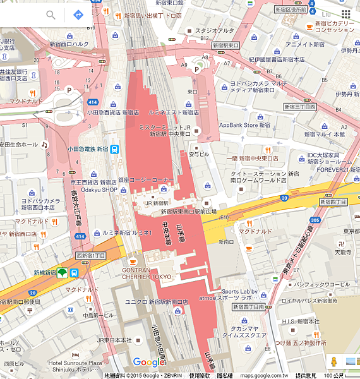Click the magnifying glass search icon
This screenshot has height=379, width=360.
tap(51, 15)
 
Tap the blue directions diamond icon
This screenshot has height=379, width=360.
tap(79, 15)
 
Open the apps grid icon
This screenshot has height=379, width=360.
tap(346, 14)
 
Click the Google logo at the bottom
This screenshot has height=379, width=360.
tap(148, 363)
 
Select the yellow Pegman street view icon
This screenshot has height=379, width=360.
tap(333, 361)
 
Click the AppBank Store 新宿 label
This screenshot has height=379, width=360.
tap(249, 125)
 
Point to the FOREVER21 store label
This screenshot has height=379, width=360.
tap(333, 169)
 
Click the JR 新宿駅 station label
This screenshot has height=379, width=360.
tap(157, 203)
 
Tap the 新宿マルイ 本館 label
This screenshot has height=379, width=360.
tap(324, 134)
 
